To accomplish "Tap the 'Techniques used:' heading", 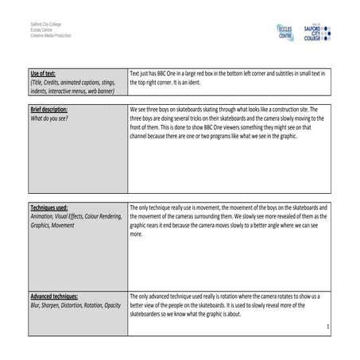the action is point(48,206).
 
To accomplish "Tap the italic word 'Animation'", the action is point(43,215).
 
